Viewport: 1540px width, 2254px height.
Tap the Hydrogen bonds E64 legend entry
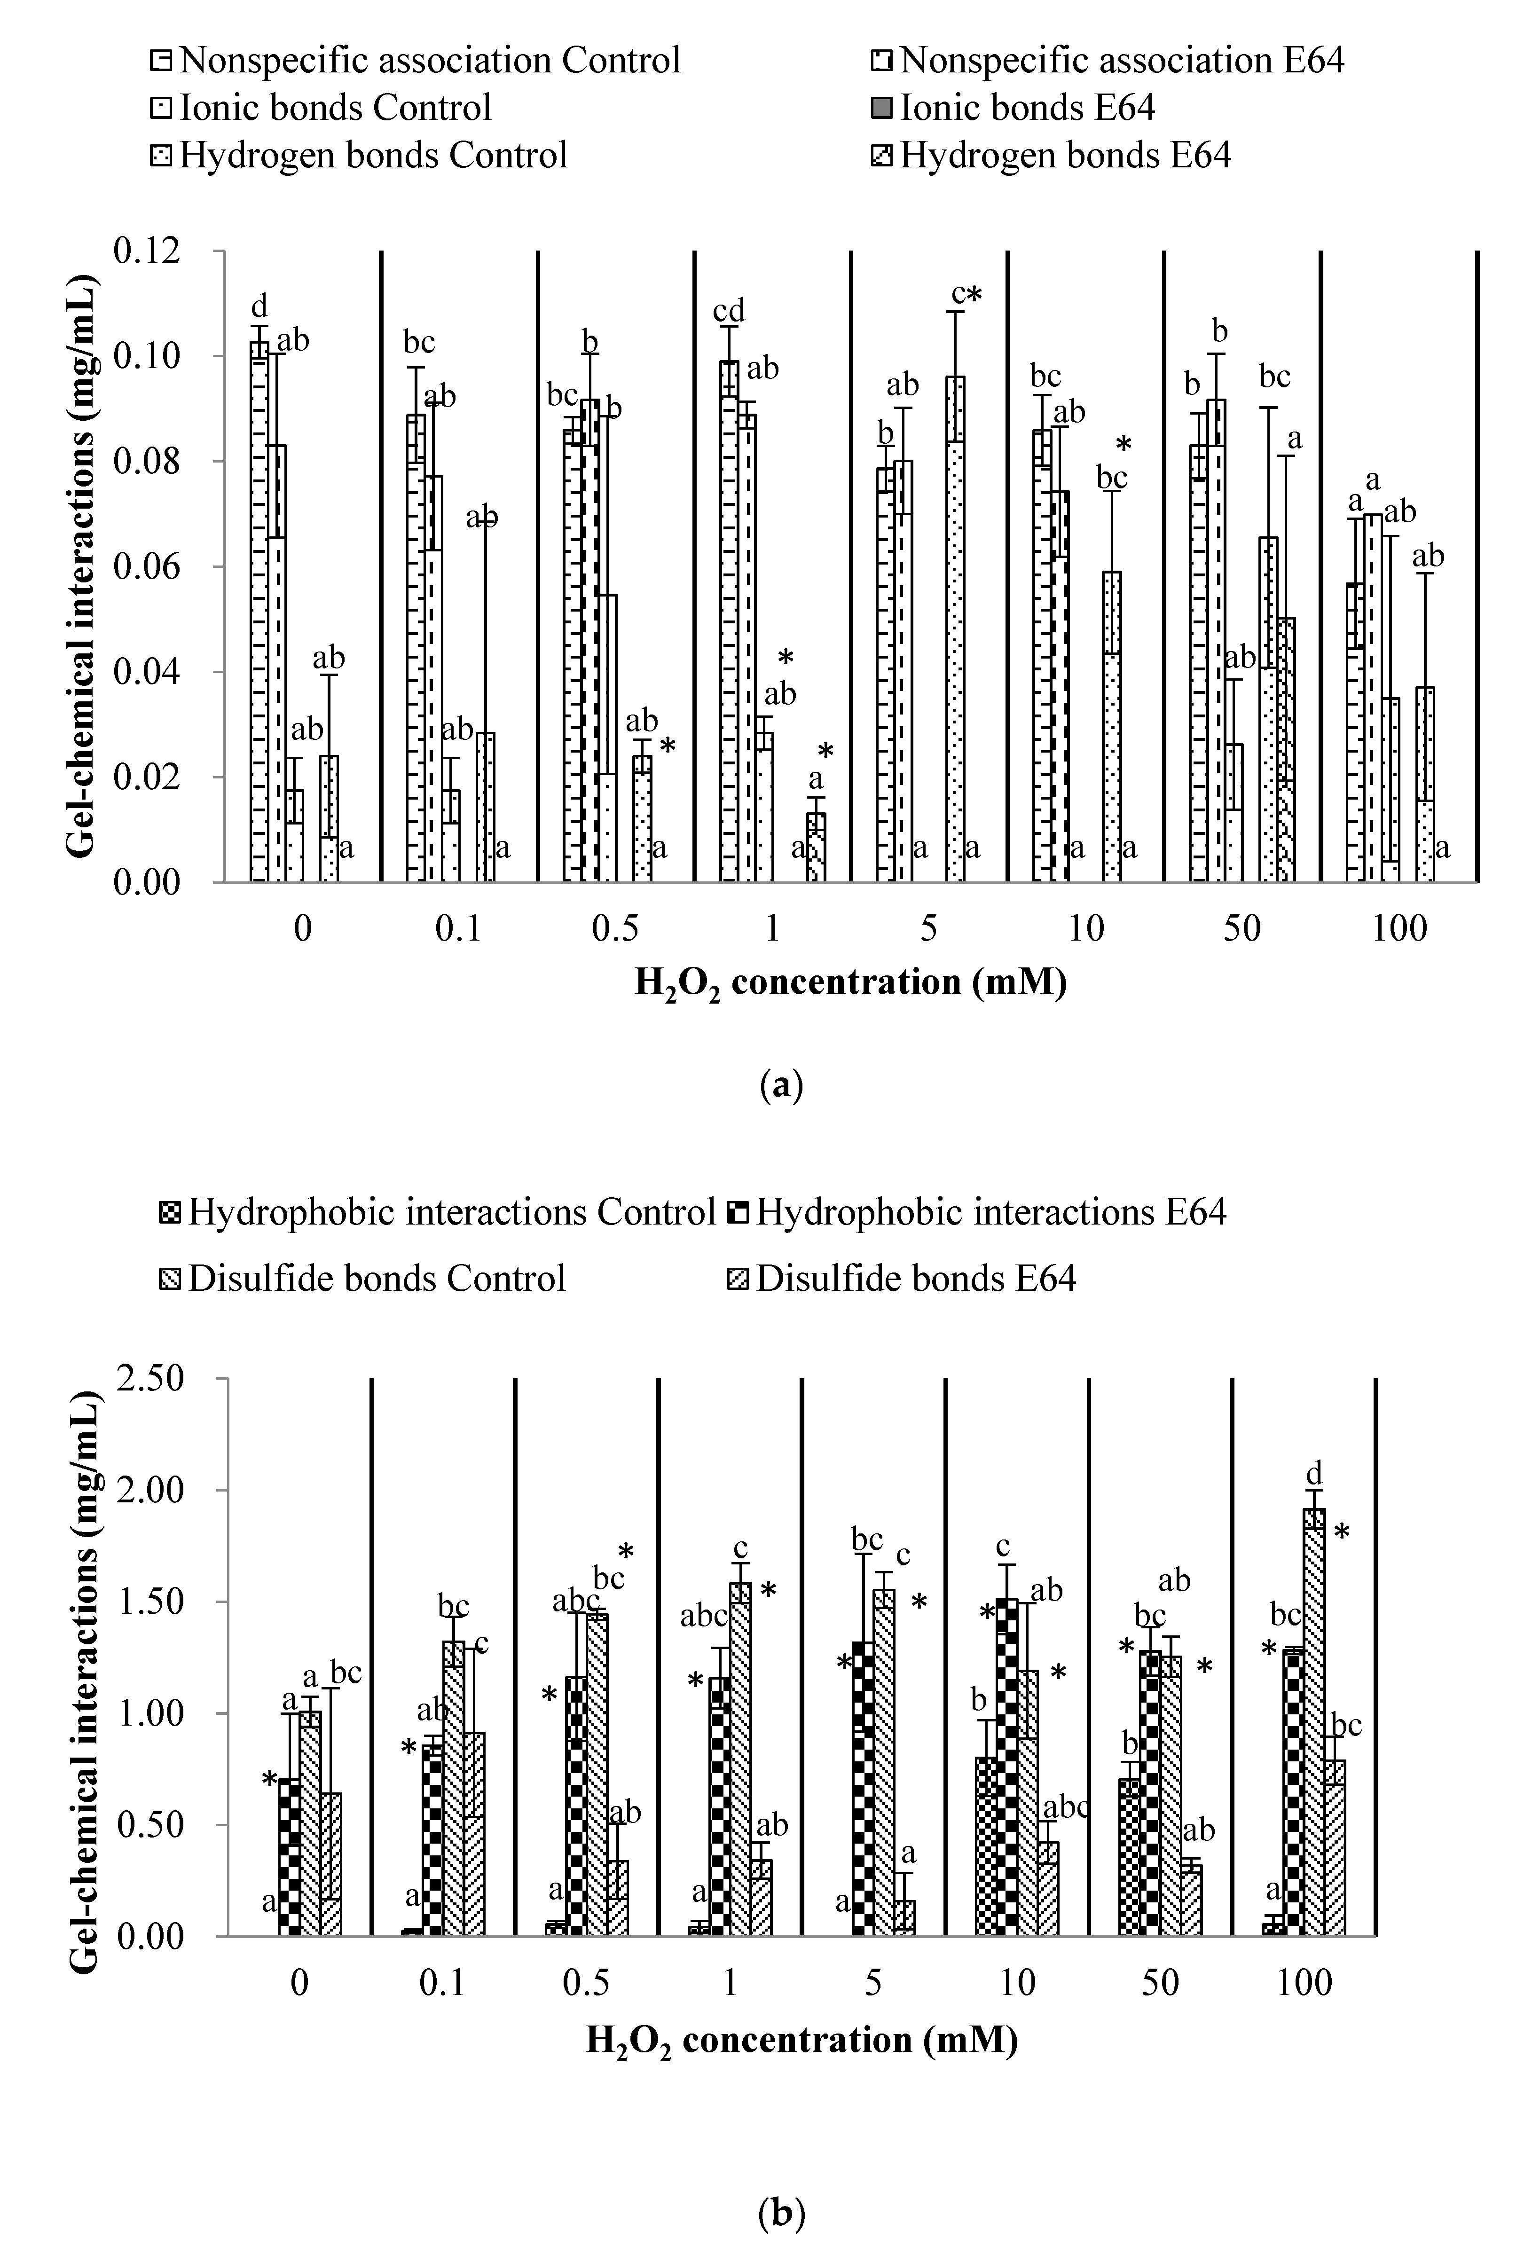click(1065, 155)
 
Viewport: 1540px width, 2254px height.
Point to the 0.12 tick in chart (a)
click(148, 250)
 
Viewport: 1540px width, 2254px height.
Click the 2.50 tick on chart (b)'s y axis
click(150, 1378)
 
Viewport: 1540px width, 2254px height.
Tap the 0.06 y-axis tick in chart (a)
click(148, 566)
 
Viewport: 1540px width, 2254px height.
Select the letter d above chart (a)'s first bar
click(259, 306)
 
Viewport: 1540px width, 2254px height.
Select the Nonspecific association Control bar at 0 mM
click(259, 611)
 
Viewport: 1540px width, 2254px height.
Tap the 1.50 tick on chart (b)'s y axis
click(150, 1601)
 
